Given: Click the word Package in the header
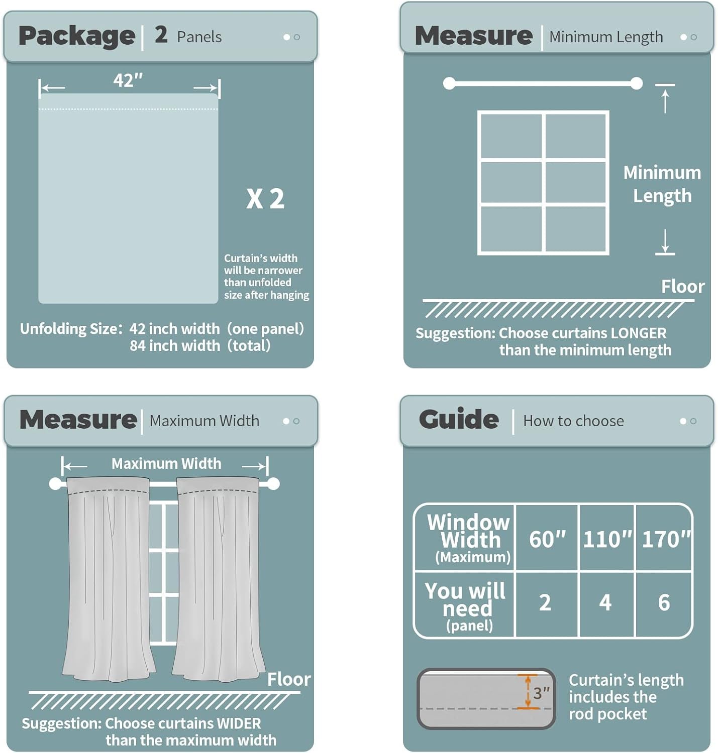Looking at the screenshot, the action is tap(77, 37).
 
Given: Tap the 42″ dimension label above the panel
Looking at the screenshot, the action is tap(128, 80).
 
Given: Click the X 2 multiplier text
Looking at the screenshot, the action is tap(265, 199).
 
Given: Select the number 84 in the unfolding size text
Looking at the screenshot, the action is tap(137, 345).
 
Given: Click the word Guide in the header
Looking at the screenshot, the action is tap(459, 419).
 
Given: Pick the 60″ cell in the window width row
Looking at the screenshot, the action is tap(547, 539).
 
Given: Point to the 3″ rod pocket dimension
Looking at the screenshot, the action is tap(541, 692).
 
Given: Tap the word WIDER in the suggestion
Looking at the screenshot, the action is tap(239, 723).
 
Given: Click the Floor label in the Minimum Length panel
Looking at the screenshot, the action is tap(683, 287).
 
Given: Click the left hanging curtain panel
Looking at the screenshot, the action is tap(108, 578).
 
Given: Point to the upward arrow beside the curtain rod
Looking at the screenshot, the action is tap(665, 101).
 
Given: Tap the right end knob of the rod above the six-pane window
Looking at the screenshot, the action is tap(636, 83).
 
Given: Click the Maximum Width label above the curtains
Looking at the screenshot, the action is tap(166, 463).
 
